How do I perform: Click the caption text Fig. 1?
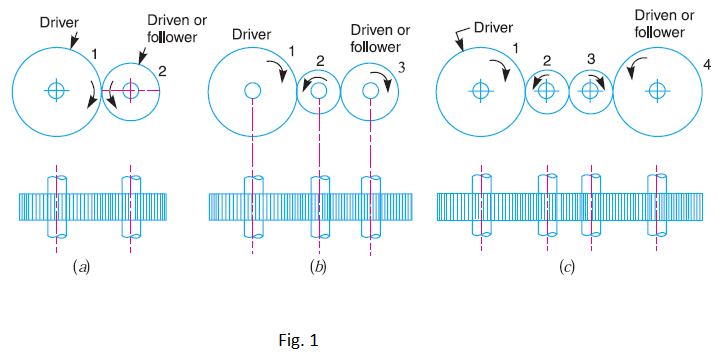[299, 341]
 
